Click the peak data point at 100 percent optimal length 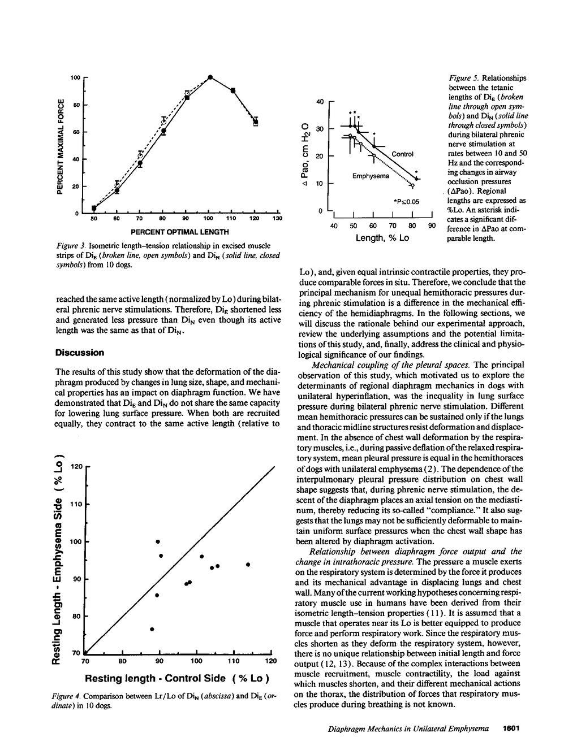[x=210, y=77]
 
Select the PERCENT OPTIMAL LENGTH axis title [x=180, y=232]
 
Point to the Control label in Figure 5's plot [x=403, y=154]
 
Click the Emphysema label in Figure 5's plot [x=371, y=176]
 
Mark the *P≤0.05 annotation [x=408, y=201]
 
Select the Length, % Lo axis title [x=382, y=238]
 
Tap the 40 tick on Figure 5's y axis [x=319, y=102]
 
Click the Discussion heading [x=80, y=353]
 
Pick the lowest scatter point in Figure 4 [x=152, y=629]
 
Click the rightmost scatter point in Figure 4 [x=248, y=564]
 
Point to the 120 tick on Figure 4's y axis [x=77, y=467]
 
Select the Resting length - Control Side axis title [x=176, y=678]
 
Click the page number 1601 [x=511, y=729]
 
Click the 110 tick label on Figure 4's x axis [x=233, y=661]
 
